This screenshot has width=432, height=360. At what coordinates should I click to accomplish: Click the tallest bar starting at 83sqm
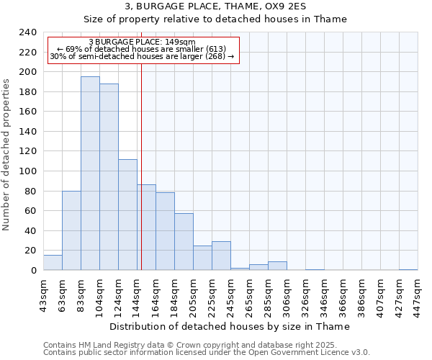click(90, 173)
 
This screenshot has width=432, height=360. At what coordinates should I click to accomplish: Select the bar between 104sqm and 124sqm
click(109, 176)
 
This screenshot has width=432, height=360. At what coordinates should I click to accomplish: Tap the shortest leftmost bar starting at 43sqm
click(53, 263)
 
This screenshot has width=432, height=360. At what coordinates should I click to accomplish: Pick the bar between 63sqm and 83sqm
click(71, 230)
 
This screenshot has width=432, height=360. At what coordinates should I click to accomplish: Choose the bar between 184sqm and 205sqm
click(184, 241)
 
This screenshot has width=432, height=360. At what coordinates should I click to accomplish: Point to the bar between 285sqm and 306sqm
click(277, 266)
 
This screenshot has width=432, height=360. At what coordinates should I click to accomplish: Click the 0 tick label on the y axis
click(33, 270)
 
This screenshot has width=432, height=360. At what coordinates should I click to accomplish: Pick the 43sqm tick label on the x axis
click(43, 291)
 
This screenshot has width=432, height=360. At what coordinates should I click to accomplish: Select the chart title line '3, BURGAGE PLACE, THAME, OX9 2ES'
click(215, 6)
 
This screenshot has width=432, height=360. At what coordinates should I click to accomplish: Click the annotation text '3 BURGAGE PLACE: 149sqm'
click(142, 42)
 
